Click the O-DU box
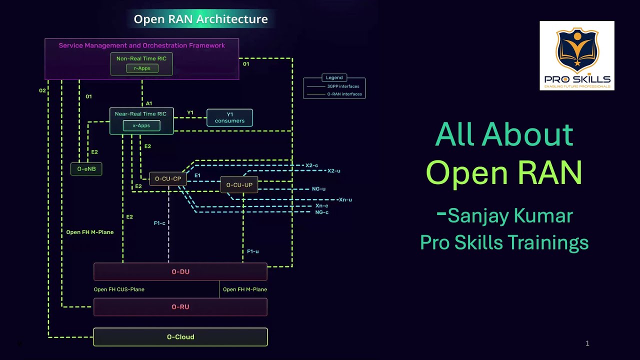click(180, 271)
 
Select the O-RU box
click(180, 306)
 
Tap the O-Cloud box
click(180, 337)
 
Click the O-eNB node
click(86, 169)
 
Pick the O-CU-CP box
click(168, 178)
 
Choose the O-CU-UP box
click(239, 185)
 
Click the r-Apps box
click(142, 68)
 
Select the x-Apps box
click(141, 125)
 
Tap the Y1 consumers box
click(229, 117)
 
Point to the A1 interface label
click(149, 103)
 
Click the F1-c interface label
click(159, 223)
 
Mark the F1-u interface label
click(253, 251)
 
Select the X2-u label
click(333, 171)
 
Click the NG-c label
click(322, 212)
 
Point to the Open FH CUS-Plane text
click(119, 289)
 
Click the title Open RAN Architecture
click(200, 19)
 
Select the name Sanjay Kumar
click(510, 216)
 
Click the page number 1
click(587, 343)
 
